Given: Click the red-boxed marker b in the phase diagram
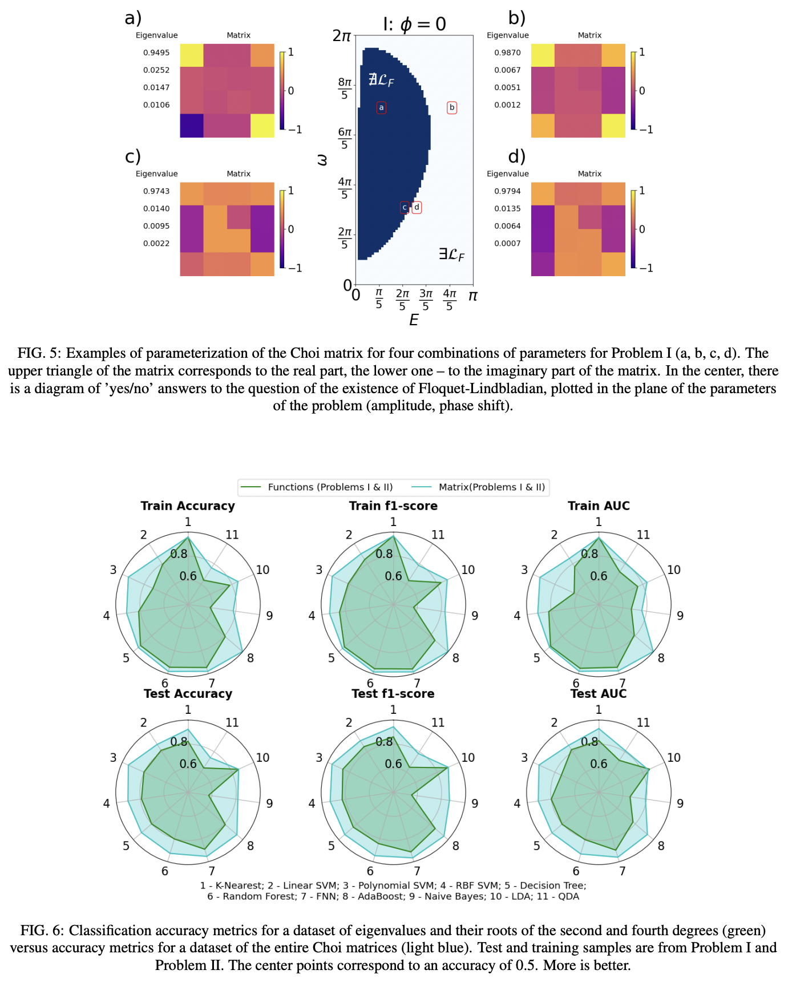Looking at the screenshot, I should [452, 107].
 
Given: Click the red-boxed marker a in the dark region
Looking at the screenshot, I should [381, 107].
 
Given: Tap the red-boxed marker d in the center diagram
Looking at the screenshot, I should [417, 207].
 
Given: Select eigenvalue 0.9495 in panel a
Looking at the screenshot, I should [156, 52].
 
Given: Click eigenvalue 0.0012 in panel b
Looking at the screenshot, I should [507, 105].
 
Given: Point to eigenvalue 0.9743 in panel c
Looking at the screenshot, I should [156, 191].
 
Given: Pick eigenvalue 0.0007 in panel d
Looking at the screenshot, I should [507, 244].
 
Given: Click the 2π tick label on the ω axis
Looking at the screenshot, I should [342, 36].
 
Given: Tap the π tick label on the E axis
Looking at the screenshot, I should [472, 296].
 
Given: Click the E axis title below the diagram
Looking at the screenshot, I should [414, 320].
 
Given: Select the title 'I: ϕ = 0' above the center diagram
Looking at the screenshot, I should [414, 24].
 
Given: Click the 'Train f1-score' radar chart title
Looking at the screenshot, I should [393, 506].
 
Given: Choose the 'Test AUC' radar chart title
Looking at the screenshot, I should [598, 694].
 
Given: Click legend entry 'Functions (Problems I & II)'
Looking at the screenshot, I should [330, 487].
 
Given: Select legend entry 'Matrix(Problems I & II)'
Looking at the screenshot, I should [491, 487].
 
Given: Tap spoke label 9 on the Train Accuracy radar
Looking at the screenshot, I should [269, 616].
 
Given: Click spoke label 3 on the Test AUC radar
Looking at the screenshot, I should [524, 758].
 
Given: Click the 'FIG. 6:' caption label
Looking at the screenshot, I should [42, 931].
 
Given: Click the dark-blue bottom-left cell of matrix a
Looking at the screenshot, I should [192, 126].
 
